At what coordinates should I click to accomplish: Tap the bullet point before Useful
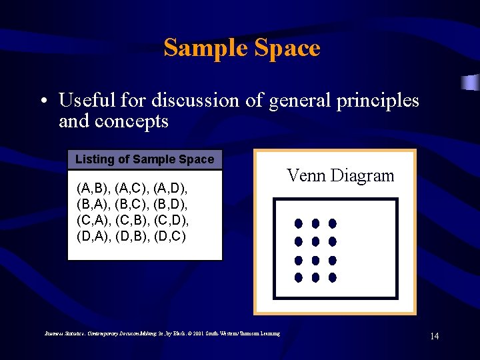coord(43,101)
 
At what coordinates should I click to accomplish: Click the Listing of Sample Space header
coord(145,159)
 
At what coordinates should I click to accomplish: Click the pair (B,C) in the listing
coord(133,203)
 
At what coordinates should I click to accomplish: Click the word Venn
coord(305,176)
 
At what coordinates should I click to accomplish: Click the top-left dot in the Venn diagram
coord(299,223)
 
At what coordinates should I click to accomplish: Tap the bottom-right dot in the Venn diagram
coord(332,277)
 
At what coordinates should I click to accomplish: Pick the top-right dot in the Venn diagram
coord(332,223)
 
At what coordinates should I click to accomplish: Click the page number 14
coord(434,336)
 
